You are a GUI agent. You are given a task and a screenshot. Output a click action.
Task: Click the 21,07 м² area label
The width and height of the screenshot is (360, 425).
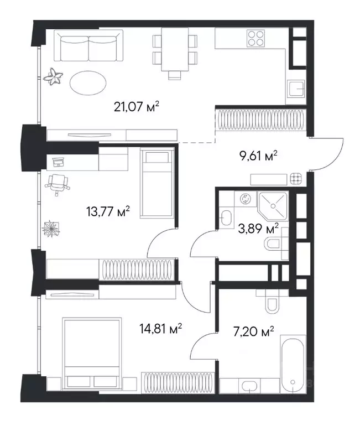coord(136,106)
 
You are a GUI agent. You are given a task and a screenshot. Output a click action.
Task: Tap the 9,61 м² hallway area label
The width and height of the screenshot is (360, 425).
coord(259,156)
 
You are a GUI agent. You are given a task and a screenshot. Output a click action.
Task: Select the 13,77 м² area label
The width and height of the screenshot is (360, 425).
coord(108,211)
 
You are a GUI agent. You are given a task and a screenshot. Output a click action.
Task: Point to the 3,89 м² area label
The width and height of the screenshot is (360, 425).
coord(258,228)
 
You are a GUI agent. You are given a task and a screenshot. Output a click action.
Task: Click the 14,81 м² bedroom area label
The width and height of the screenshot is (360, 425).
coord(160,329)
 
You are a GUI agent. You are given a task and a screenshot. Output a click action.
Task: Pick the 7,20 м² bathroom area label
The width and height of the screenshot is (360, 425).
coord(253,331)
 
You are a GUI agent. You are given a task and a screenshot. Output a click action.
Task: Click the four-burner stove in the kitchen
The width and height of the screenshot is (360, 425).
coord(255,38)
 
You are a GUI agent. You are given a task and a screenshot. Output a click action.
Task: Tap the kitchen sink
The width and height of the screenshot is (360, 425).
coord(296,89)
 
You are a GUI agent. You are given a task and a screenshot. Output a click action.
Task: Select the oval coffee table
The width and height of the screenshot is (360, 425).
coord(88,83)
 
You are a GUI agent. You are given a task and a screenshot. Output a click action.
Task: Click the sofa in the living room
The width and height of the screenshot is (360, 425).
coord(88,46)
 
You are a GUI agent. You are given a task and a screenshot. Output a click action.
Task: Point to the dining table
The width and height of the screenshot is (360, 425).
coord(175,49)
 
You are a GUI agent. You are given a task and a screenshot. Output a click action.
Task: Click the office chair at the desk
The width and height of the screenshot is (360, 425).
coord(57,184)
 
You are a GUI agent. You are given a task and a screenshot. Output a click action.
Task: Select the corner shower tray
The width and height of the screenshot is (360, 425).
coord(273,206)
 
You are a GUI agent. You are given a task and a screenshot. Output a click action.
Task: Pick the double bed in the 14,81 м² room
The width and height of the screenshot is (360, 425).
coord(92,354)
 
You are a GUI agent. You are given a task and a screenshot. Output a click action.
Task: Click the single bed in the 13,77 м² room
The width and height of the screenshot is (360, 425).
coord(157,183)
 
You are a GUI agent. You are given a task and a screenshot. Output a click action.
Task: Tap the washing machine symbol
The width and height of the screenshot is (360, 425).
coord(246,199)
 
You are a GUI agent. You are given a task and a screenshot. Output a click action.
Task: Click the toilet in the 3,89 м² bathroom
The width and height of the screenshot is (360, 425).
coord(273,243)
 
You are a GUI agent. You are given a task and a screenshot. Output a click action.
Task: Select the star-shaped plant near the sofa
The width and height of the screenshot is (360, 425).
coord(53,77)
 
